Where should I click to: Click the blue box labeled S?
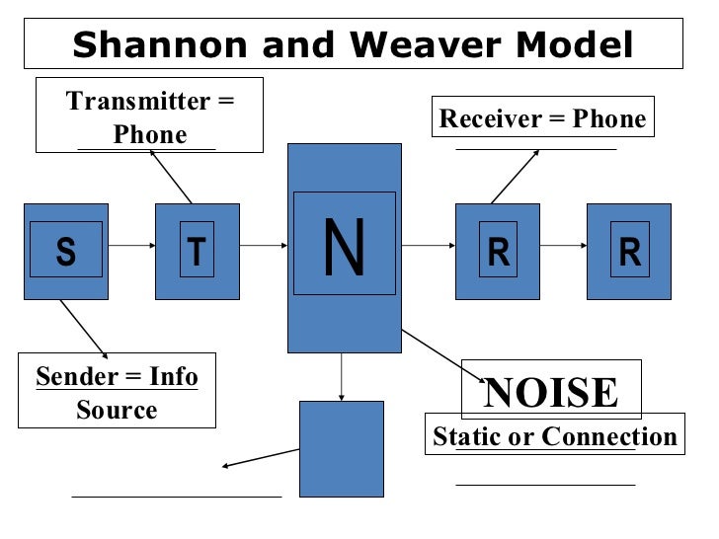[65, 252]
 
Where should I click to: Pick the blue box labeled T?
[197, 252]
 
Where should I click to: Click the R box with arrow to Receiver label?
[498, 252]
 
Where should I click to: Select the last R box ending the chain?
[629, 252]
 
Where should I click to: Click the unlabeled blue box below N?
[341, 448]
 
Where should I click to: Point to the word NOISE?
[551, 392]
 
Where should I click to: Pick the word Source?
[116, 410]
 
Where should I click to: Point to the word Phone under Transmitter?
[150, 134]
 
